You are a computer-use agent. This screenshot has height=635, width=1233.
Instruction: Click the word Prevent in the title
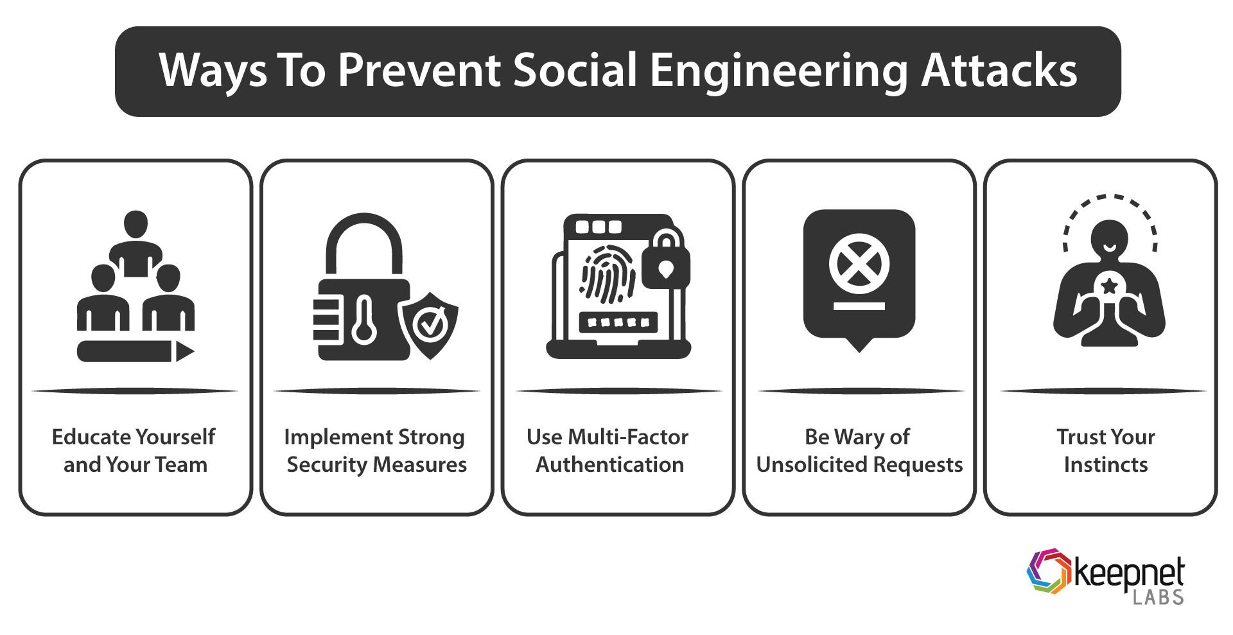(419, 71)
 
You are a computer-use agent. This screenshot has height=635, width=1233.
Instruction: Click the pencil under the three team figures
(135, 351)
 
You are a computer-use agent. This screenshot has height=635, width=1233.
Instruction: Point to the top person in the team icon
(136, 244)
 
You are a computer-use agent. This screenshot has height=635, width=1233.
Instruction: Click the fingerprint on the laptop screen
(608, 279)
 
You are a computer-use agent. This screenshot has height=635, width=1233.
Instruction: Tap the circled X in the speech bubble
(859, 265)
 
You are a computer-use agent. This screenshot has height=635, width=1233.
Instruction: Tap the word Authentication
(609, 464)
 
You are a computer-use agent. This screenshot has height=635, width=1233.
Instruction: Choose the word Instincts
(1105, 464)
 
